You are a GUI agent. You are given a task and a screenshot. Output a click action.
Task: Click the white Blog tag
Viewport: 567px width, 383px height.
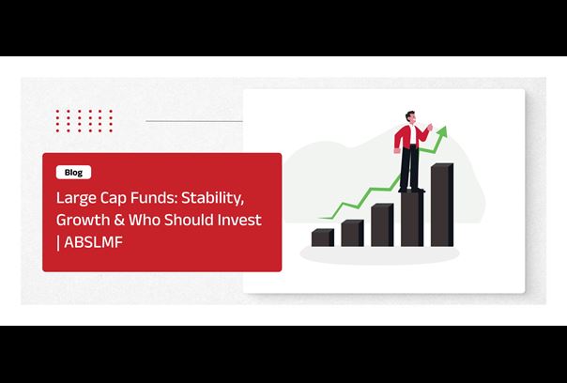coord(73,172)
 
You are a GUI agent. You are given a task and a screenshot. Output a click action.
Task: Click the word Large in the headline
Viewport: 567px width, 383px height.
coord(75,198)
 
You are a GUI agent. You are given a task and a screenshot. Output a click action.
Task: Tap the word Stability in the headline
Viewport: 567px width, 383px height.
coord(212,198)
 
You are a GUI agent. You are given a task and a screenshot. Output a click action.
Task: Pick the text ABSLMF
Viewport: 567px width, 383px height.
coord(94,242)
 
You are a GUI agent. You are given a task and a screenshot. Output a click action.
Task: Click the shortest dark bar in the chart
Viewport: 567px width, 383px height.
coord(323,237)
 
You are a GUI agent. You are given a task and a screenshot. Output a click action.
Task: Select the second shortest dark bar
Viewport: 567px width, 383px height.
coord(353,233)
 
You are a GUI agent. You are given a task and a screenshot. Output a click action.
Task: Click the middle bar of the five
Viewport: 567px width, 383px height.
coord(382,224)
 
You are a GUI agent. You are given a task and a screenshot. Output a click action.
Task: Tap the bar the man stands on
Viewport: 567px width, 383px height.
coord(412,219)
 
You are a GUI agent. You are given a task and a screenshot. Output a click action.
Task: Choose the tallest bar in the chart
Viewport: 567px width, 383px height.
coord(442,205)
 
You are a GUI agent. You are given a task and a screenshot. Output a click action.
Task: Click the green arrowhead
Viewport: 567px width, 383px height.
coord(442,130)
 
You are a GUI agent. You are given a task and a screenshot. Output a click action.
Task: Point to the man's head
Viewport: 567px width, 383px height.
coord(410,117)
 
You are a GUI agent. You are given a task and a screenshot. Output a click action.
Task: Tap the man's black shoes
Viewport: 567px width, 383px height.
coord(411,189)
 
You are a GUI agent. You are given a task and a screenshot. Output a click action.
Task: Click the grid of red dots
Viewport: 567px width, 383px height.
coord(84,121)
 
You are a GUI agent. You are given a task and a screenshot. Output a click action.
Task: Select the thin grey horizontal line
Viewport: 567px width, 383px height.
coord(194,121)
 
